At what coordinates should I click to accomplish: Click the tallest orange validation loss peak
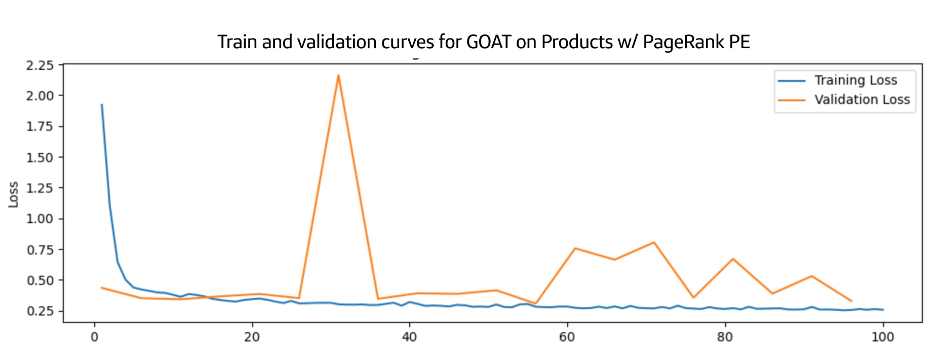pos(338,75)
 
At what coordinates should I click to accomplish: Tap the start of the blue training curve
pos(102,105)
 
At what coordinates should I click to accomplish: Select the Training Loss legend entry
pos(855,81)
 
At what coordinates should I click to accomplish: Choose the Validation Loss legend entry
pos(861,100)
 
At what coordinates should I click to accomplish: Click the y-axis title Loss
pos(13,194)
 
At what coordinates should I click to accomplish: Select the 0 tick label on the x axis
pos(94,337)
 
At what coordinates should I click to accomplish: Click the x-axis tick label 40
pos(409,337)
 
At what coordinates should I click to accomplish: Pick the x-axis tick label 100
pos(882,337)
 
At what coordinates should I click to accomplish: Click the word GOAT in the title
pos(488,42)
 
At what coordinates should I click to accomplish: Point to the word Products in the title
pos(577,42)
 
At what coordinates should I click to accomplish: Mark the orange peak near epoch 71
pos(654,243)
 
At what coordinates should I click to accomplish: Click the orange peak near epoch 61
pos(575,248)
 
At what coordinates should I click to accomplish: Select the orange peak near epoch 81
pos(733,259)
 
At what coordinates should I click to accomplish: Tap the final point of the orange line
pos(851,301)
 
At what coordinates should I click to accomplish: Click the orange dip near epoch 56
pos(536,303)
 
